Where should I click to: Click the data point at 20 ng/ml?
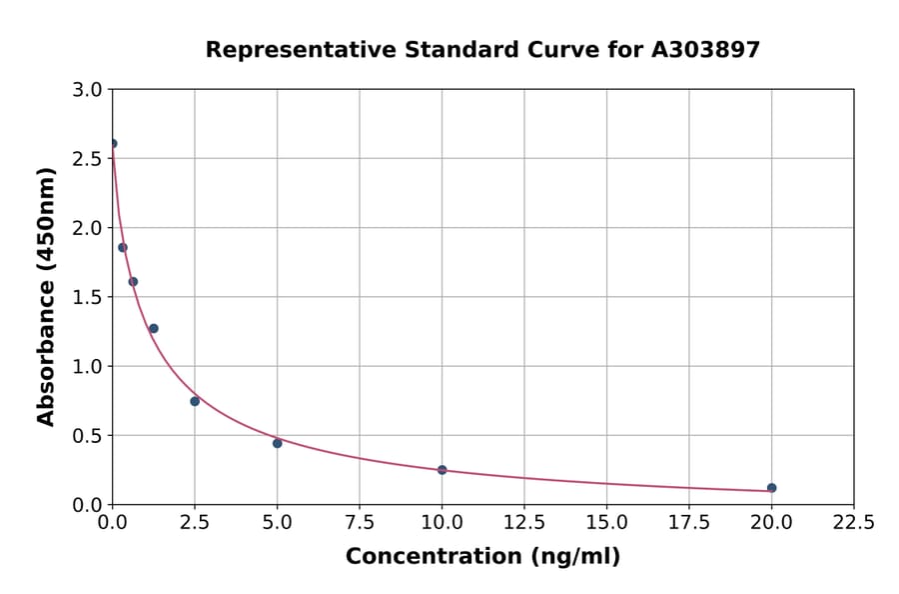point(771,488)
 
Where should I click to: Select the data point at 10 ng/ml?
point(442,470)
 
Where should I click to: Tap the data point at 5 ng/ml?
point(277,443)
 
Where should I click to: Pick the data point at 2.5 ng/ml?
point(195,401)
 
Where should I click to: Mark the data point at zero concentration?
point(113,144)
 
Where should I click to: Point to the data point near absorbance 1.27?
point(154,328)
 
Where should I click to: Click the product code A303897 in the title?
point(706,50)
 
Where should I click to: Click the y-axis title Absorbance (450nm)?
point(46,296)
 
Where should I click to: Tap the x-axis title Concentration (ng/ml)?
point(482,557)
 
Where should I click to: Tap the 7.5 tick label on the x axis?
point(360,522)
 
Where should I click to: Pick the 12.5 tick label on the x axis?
point(524,522)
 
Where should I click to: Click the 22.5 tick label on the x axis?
point(854,522)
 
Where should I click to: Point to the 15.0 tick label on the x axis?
point(606,522)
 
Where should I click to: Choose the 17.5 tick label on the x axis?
point(689,522)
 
